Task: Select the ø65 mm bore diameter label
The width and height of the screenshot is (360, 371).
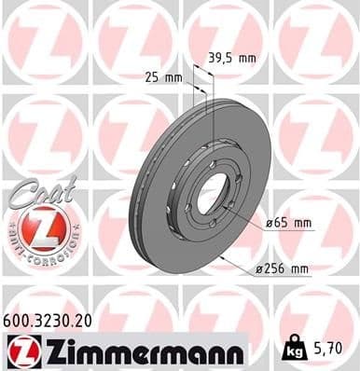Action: coord(289,225)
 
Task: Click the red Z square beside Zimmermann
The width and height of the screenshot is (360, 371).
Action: coord(19,350)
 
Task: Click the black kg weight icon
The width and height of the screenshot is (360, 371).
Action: coord(292,350)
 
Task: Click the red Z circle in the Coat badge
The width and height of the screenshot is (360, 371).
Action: coord(37,227)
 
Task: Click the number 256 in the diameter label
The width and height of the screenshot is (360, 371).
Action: coord(277,269)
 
